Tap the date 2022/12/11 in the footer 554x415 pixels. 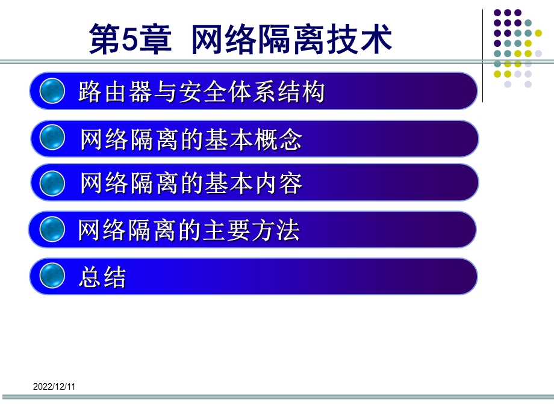[x=54, y=387]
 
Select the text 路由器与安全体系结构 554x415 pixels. [x=202, y=92]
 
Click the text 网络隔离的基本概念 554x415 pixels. [x=191, y=140]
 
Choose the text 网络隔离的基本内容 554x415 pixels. [x=191, y=183]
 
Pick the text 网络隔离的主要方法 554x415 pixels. [x=188, y=230]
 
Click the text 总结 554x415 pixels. [x=102, y=277]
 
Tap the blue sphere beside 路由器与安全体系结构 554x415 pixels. [x=52, y=91]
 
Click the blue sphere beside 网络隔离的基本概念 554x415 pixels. [x=52, y=138]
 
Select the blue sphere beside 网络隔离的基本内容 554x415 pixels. [x=52, y=183]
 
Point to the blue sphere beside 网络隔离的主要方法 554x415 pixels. [x=52, y=229]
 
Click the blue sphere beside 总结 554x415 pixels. [x=52, y=276]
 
